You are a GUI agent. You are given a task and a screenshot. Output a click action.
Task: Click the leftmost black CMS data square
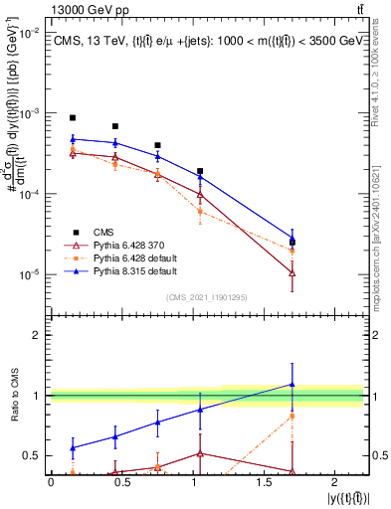point(73,117)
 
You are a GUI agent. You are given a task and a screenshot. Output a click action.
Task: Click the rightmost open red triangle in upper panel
point(292,271)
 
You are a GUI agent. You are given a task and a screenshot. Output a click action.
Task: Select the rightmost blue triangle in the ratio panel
point(292,384)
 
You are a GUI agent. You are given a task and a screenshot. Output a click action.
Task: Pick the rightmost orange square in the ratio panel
point(292,416)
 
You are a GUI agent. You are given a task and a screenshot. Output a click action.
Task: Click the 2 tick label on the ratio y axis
point(36,335)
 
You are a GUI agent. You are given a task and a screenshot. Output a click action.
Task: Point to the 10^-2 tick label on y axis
point(28,33)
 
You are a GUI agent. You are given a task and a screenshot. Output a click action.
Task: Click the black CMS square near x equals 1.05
point(200,171)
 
